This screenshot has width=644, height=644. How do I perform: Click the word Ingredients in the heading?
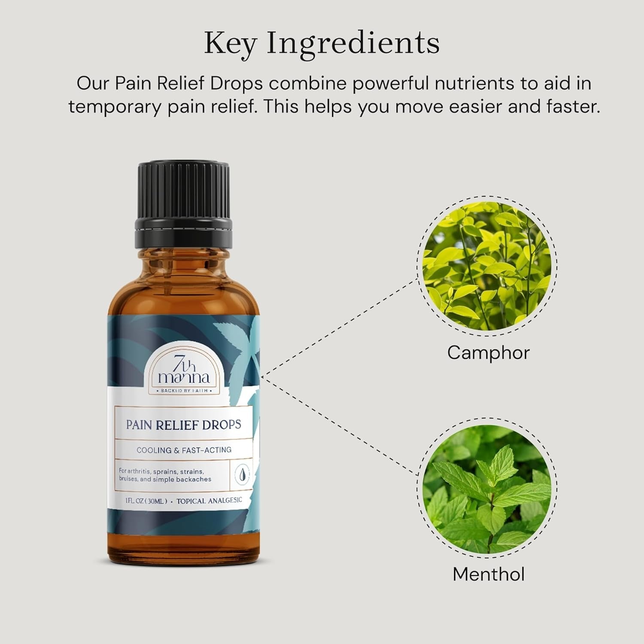click(x=353, y=43)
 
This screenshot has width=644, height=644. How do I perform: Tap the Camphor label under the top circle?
click(x=488, y=353)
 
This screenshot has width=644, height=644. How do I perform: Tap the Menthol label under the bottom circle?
click(x=489, y=574)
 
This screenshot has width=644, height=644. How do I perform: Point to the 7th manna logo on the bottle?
click(x=184, y=371)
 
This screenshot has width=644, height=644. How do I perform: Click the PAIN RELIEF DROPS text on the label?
click(x=183, y=425)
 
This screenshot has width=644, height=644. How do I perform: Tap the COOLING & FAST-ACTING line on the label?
click(x=184, y=450)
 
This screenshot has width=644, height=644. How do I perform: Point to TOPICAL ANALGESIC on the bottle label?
click(x=209, y=501)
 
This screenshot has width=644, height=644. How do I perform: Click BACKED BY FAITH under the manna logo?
click(x=184, y=391)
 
